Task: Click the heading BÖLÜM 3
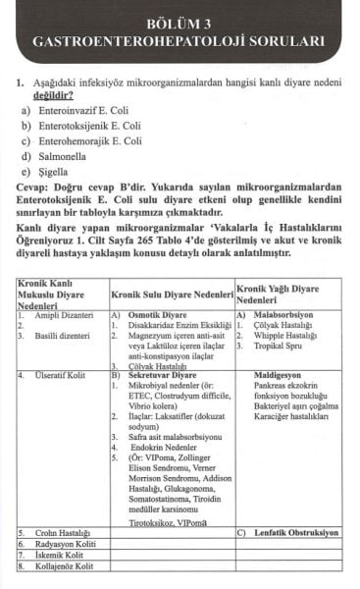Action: [180, 23]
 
